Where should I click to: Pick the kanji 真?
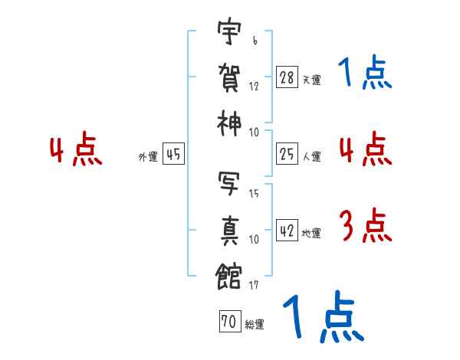pos(229,228)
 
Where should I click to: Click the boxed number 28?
pos(286,77)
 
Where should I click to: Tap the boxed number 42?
pos(286,231)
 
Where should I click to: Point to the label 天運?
pos(311,80)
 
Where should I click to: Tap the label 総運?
pos(255,325)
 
